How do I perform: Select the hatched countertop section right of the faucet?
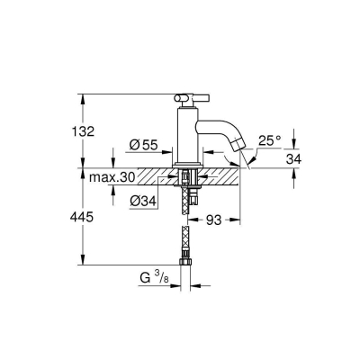point(220,175)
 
